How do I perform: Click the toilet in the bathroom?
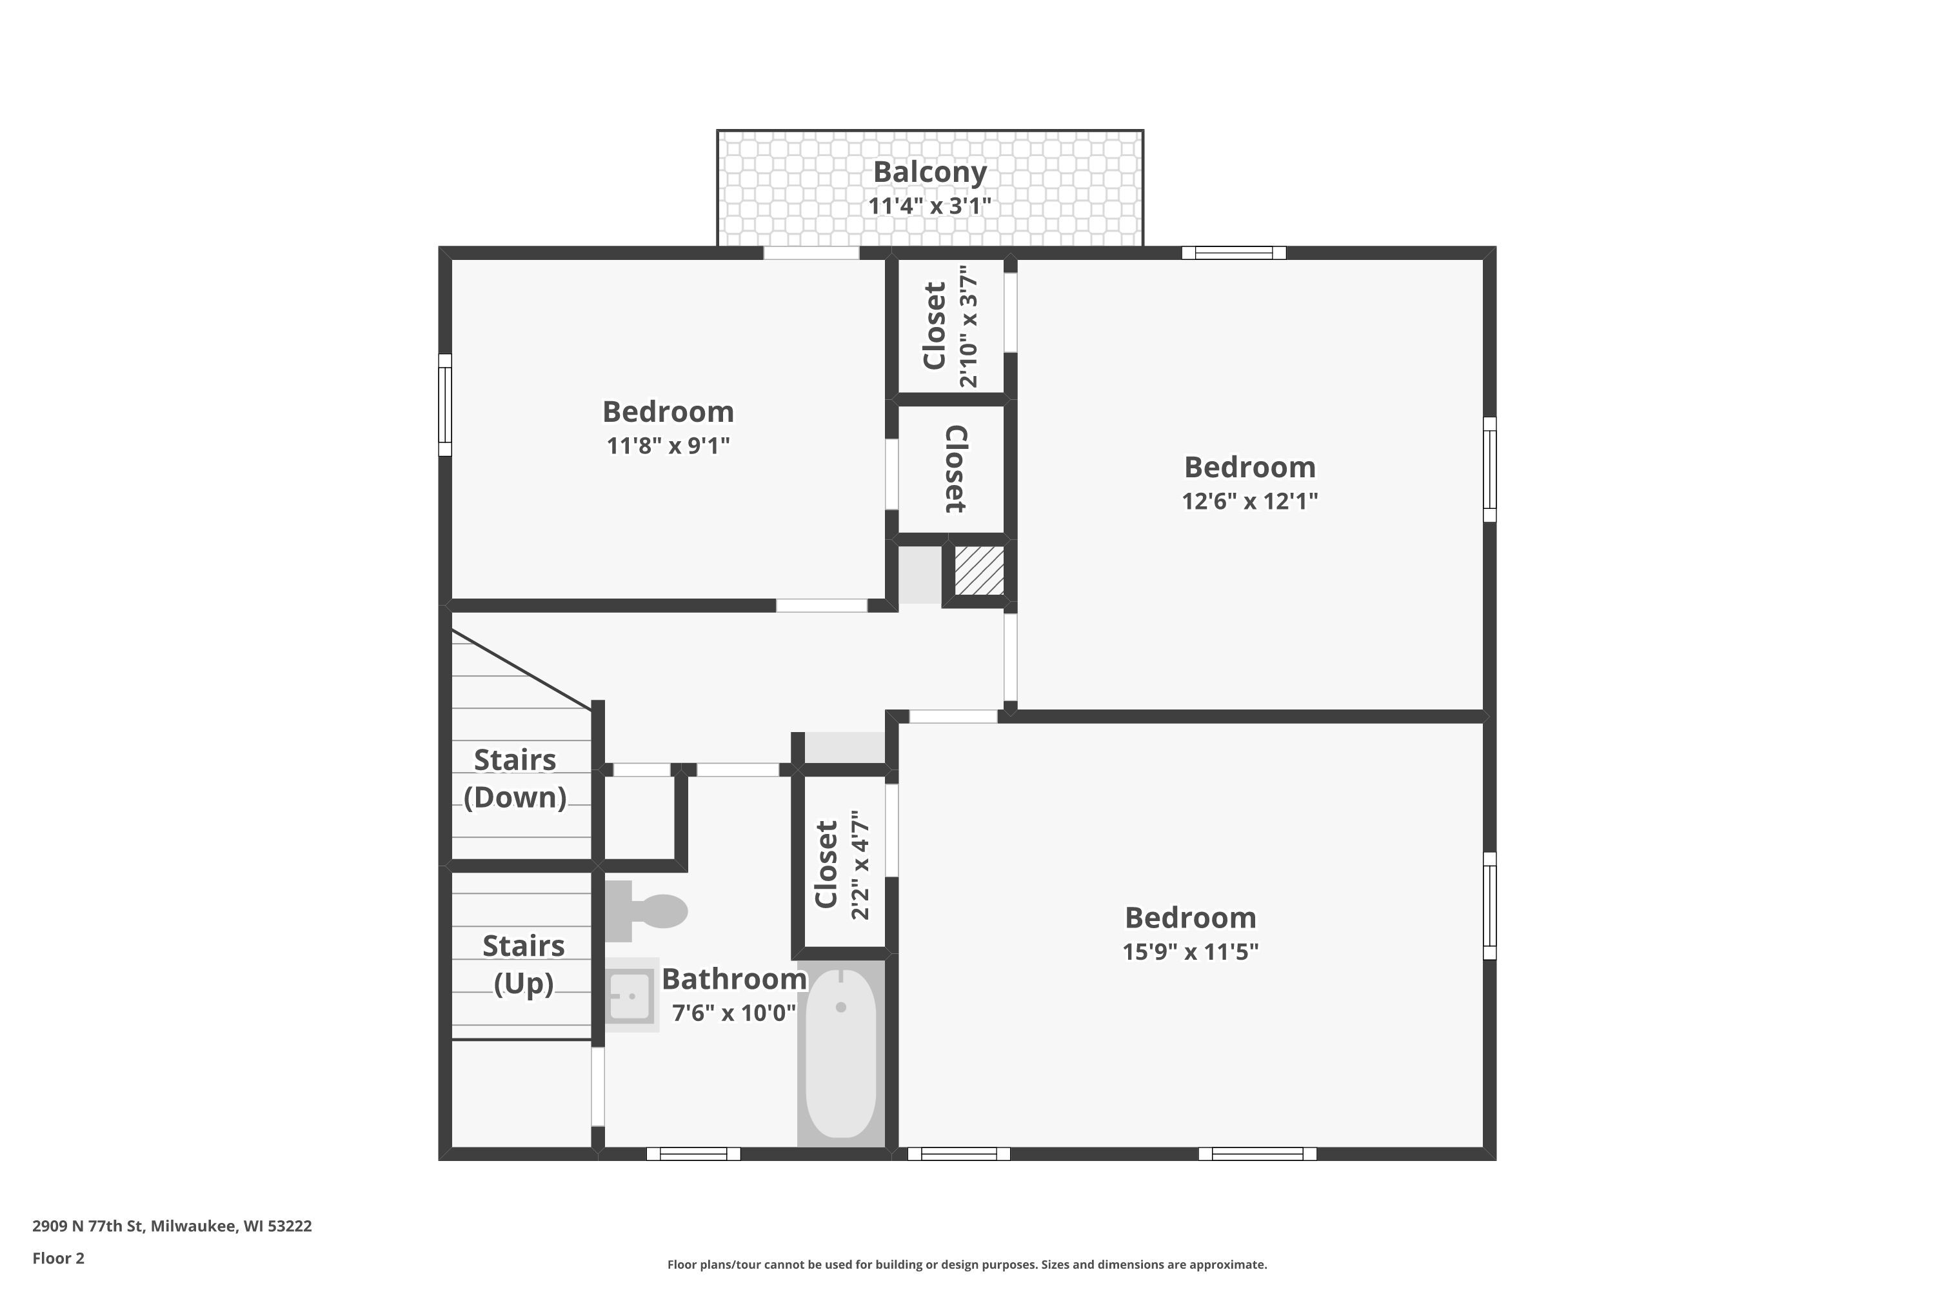(x=646, y=911)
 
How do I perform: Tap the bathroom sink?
(x=632, y=995)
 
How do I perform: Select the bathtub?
(x=841, y=1054)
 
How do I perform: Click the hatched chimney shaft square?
(x=979, y=570)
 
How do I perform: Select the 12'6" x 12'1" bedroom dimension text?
(x=1250, y=501)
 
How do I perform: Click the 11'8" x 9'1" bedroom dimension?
(x=668, y=446)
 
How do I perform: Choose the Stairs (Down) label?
(x=515, y=779)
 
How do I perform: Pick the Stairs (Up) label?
(x=523, y=964)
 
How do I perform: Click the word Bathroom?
(x=734, y=979)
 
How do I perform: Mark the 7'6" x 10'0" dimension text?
(x=734, y=1013)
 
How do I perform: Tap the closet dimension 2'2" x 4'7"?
(x=860, y=865)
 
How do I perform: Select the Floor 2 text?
(x=59, y=1258)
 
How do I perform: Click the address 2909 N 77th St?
(x=90, y=1226)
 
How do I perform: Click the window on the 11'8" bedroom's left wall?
(x=445, y=405)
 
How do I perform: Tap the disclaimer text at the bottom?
(x=967, y=1264)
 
